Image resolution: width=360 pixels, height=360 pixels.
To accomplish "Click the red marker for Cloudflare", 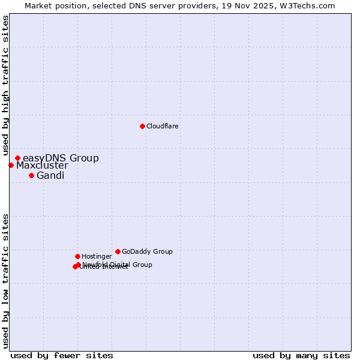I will tap(142, 126).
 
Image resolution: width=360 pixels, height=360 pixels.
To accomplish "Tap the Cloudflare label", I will tap(163, 126).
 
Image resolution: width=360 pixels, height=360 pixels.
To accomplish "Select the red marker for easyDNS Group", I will tap(17, 158).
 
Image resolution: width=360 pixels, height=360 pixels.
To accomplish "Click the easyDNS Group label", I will tap(61, 158).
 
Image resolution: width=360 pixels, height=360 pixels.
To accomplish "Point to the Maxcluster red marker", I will tap(11, 165).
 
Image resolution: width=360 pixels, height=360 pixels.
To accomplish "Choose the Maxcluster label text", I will tap(42, 166).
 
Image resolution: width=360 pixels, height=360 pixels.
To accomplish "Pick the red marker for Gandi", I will tap(31, 175).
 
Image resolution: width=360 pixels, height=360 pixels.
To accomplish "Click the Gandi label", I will tap(50, 176).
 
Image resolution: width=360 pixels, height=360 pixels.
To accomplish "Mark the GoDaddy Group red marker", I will tap(118, 251).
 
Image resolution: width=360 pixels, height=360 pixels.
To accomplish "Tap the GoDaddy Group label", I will tap(147, 251).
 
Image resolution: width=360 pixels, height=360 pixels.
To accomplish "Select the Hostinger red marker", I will tap(77, 256).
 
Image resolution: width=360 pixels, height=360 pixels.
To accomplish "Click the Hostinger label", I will tap(97, 256).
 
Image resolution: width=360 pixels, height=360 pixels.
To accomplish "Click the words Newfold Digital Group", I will tap(118, 265).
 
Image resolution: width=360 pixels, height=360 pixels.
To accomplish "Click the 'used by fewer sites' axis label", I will tap(62, 355).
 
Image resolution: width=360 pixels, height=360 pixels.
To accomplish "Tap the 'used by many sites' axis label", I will tap(301, 355).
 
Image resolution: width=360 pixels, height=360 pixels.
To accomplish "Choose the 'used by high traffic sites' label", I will tap(5, 86).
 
